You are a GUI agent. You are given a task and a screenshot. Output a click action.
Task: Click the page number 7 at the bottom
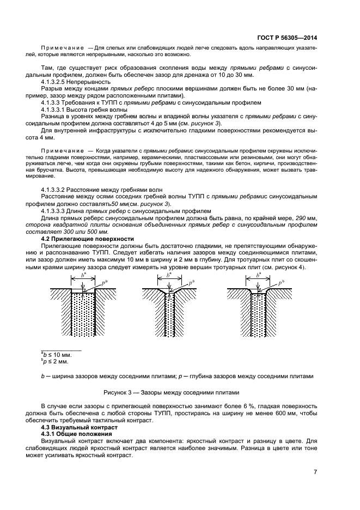click(x=315, y=471)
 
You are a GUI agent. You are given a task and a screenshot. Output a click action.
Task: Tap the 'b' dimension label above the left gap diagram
click(x=83, y=276)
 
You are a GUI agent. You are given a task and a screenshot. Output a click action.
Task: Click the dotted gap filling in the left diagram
click(x=83, y=316)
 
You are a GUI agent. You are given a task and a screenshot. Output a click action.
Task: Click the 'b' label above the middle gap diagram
click(x=169, y=276)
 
